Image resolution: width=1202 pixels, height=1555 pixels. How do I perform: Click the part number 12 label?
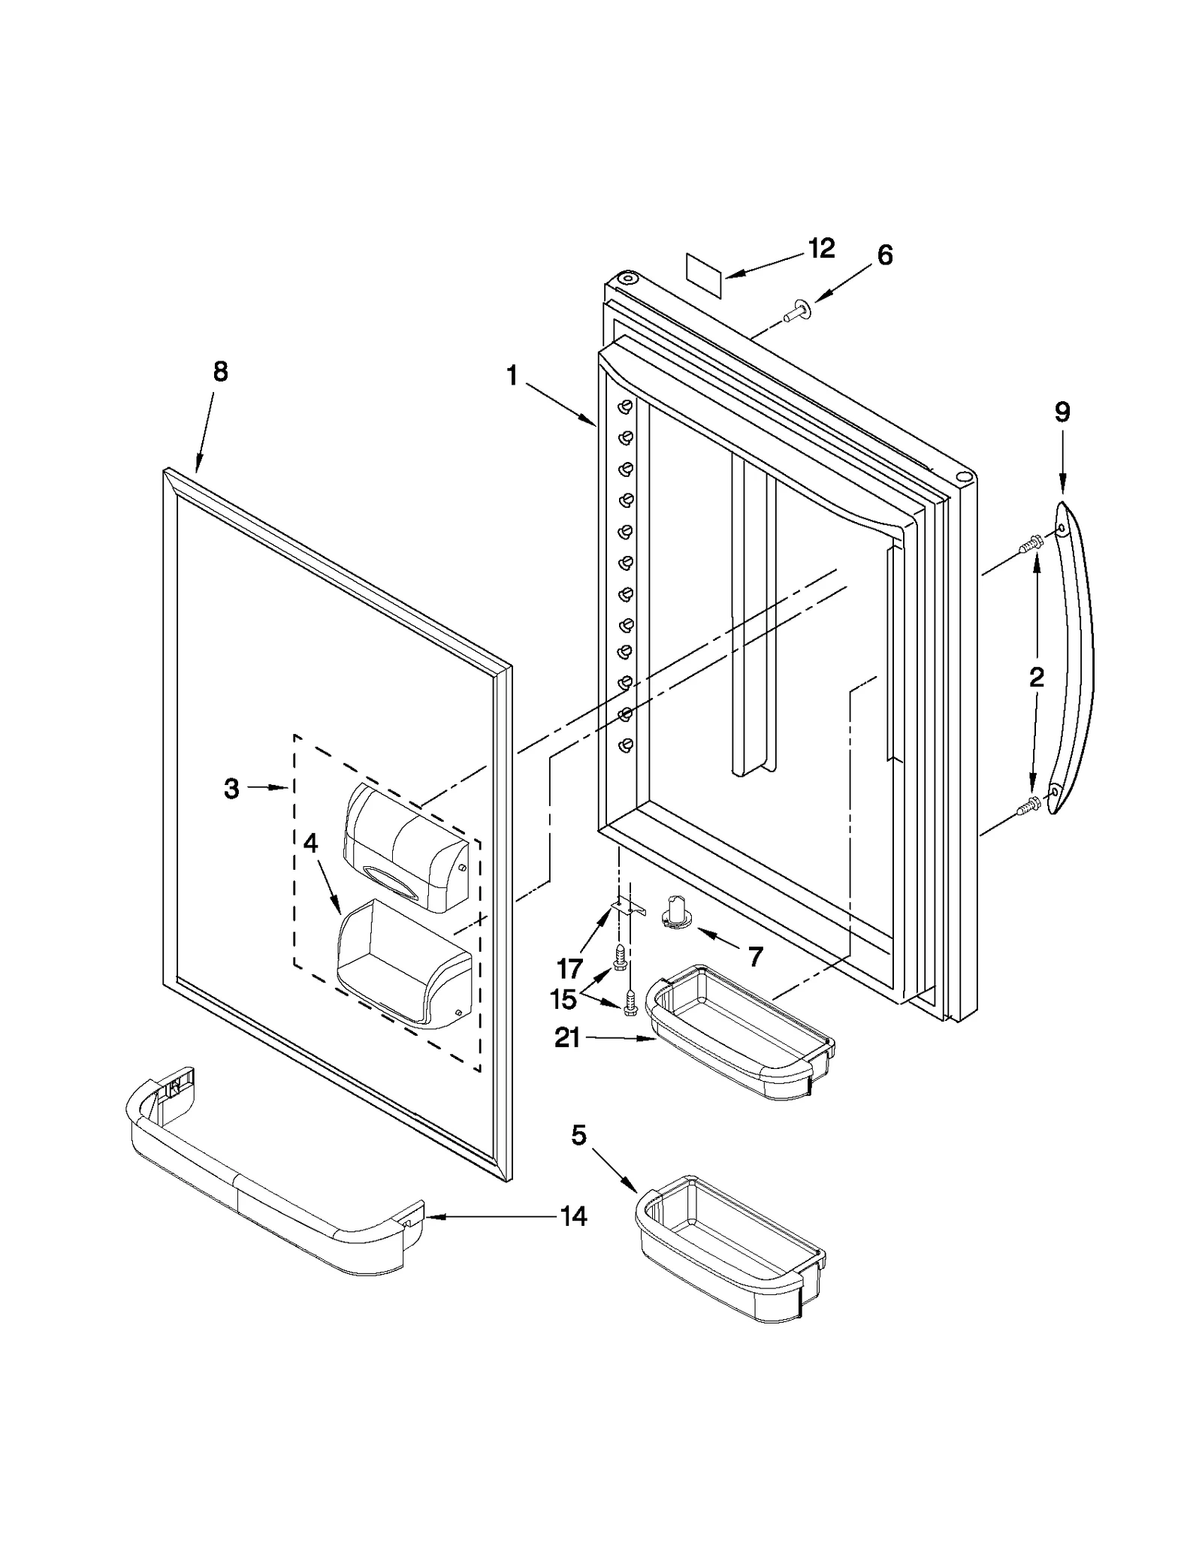pos(821,249)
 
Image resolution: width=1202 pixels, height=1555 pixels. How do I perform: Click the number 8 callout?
pos(220,371)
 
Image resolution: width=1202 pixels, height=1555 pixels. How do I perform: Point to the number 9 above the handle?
pos(1062,412)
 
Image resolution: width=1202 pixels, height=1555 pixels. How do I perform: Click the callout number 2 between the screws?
pos(1037,678)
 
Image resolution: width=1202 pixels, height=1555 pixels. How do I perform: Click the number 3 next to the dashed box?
pos(231,788)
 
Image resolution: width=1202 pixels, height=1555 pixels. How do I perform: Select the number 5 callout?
pos(578,1136)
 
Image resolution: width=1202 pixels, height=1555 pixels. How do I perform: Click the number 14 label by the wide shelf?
pos(574,1215)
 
